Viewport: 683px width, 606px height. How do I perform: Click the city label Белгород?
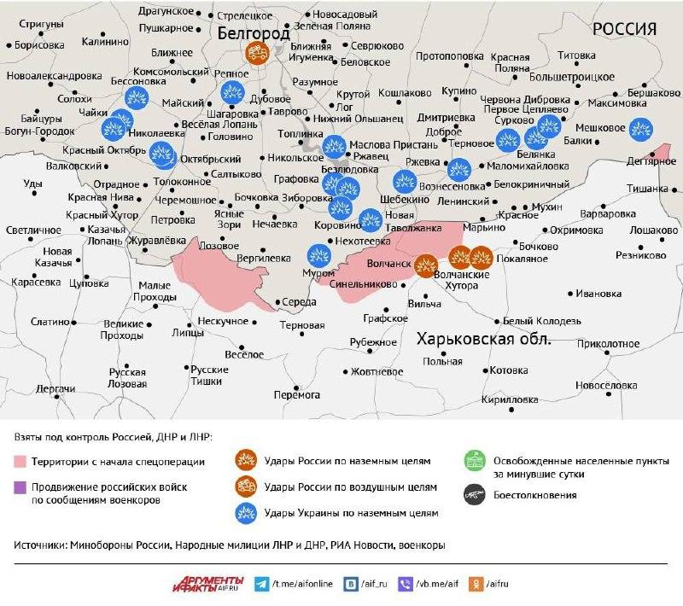(253, 33)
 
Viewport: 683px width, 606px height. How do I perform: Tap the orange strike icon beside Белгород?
(256, 53)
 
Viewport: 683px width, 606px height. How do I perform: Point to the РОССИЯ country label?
(625, 29)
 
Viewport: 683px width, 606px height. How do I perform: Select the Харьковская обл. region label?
(484, 339)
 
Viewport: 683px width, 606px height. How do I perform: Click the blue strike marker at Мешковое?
(638, 127)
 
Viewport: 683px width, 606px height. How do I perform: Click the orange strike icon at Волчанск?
(426, 266)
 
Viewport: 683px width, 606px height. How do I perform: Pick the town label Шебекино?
(405, 198)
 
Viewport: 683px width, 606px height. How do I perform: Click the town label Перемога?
(296, 394)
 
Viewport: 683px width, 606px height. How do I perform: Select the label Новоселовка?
(607, 385)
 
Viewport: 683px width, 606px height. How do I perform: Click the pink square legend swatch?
(20, 462)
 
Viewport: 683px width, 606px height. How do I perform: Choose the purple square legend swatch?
(20, 487)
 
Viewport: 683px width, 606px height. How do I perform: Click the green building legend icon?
(472, 462)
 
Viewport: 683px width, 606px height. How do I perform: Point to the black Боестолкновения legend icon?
(472, 493)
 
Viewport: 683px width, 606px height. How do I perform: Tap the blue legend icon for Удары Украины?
(246, 513)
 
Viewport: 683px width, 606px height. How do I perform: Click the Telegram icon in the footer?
(261, 584)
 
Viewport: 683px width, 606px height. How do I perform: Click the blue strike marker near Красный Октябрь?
(160, 155)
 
